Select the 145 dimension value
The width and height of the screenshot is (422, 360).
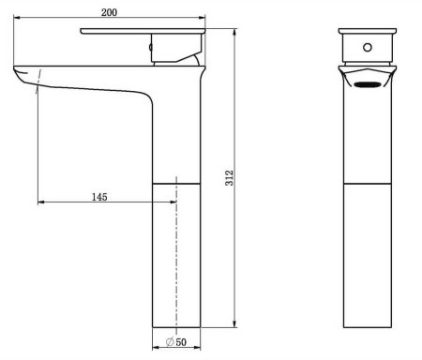pos(99,196)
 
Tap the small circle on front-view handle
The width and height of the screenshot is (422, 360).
pos(366,46)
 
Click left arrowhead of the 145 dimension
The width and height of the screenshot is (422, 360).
pos(39,202)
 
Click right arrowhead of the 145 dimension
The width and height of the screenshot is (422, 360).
pos(174,202)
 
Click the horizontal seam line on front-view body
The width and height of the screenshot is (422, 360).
pos(367,183)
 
